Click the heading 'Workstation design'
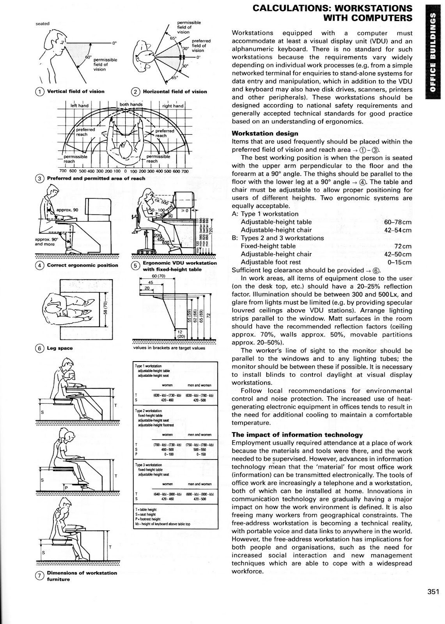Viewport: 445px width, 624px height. tap(265, 133)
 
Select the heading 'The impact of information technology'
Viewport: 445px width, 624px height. tap(297, 434)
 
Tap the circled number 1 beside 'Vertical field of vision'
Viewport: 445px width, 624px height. tap(40, 92)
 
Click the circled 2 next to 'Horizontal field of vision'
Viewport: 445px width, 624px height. tap(135, 92)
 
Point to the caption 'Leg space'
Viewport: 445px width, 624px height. tap(60, 348)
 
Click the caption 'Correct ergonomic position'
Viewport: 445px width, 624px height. tap(82, 265)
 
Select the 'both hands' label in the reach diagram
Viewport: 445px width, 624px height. tap(131, 105)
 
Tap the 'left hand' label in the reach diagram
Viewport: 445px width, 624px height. tap(80, 106)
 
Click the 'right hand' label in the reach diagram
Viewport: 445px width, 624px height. tap(172, 106)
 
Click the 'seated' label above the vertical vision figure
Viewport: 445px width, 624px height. tap(43, 23)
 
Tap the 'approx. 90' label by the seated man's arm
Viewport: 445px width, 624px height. tap(67, 210)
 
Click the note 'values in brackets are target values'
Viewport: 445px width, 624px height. tap(168, 348)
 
